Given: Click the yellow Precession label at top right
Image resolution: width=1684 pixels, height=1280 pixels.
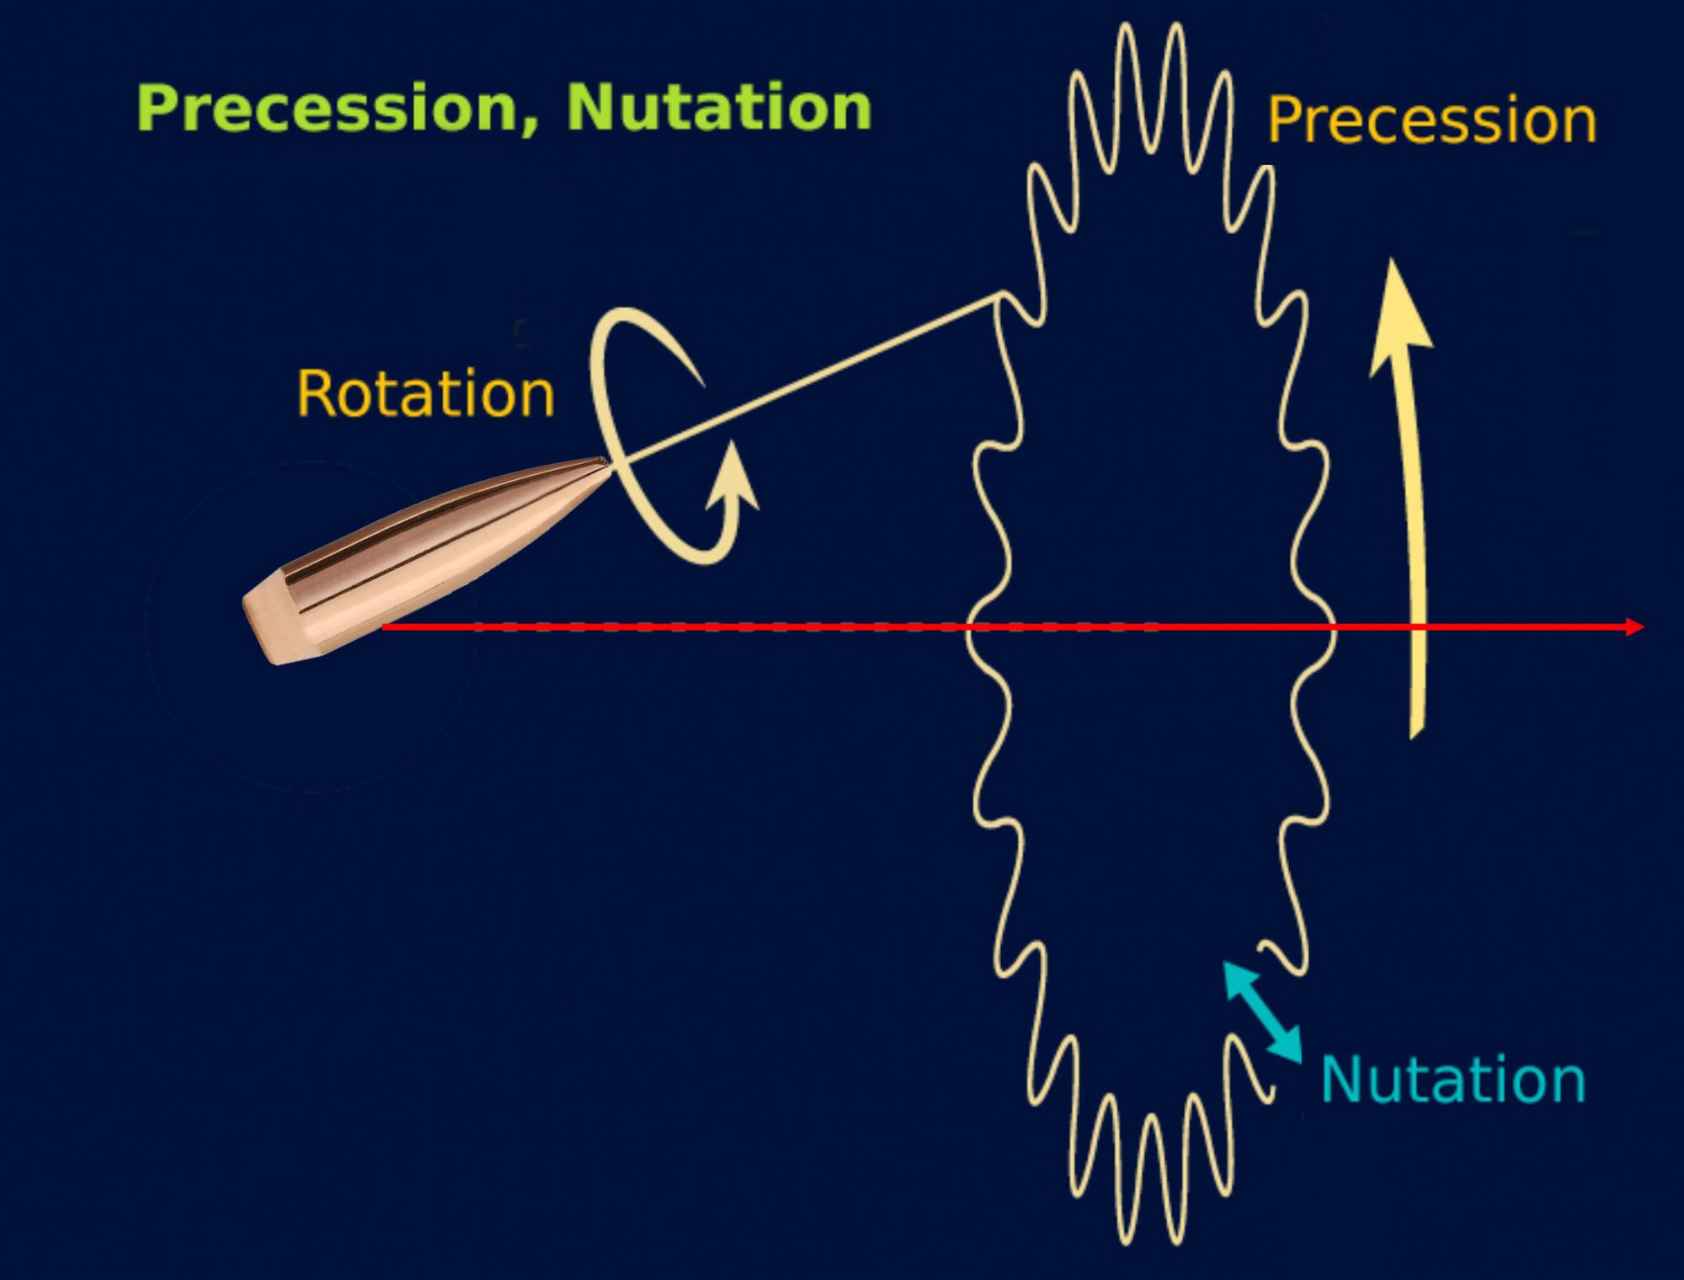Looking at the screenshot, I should tap(1431, 120).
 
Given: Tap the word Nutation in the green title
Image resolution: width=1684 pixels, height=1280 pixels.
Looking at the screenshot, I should tap(719, 108).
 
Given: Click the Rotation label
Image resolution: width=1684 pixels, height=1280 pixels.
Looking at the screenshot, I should tap(425, 393).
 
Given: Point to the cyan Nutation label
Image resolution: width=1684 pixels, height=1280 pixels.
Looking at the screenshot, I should tap(1453, 1080).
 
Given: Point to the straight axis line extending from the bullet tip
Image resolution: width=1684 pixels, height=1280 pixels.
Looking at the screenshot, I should tap(808, 379).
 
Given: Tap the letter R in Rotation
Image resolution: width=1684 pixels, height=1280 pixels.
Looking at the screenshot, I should tap(313, 393).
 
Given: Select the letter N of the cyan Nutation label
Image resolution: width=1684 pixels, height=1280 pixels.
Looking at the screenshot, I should tap(1339, 1080).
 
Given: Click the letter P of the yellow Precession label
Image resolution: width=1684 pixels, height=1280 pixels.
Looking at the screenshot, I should tap(1284, 120).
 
